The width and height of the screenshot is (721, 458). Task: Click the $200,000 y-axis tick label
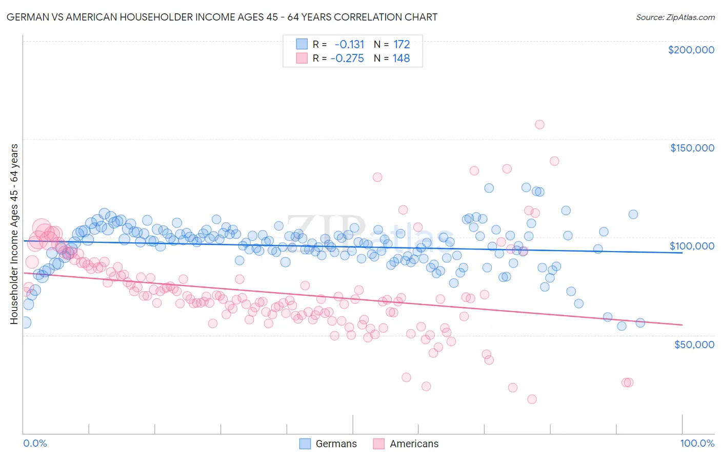pyautogui.click(x=691, y=50)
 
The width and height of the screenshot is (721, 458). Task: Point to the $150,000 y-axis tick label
pyautogui.click(x=692, y=148)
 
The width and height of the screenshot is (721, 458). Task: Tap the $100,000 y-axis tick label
pyautogui.click(x=692, y=246)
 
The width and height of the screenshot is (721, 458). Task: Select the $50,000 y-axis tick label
pyautogui.click(x=694, y=344)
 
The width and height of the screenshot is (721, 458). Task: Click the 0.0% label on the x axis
pyautogui.click(x=35, y=443)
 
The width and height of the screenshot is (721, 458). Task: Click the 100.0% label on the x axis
pyautogui.click(x=697, y=443)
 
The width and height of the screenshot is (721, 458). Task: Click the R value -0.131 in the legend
pyautogui.click(x=349, y=44)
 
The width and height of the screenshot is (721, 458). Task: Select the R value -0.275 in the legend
pyautogui.click(x=347, y=58)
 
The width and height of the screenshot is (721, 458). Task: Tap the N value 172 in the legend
pyautogui.click(x=402, y=44)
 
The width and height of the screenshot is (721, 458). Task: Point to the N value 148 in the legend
pyautogui.click(x=401, y=58)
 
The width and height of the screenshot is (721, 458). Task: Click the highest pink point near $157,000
pyautogui.click(x=539, y=124)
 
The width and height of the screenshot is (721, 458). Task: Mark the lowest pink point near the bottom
pyautogui.click(x=532, y=399)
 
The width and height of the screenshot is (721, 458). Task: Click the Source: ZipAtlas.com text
pyautogui.click(x=675, y=17)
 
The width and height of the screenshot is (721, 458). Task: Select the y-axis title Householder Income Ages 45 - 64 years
pyautogui.click(x=14, y=234)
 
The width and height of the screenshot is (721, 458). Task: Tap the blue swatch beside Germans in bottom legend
pyautogui.click(x=305, y=444)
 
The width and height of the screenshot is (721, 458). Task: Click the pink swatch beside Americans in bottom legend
pyautogui.click(x=379, y=444)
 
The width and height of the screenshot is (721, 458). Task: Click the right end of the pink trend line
pyautogui.click(x=682, y=325)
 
